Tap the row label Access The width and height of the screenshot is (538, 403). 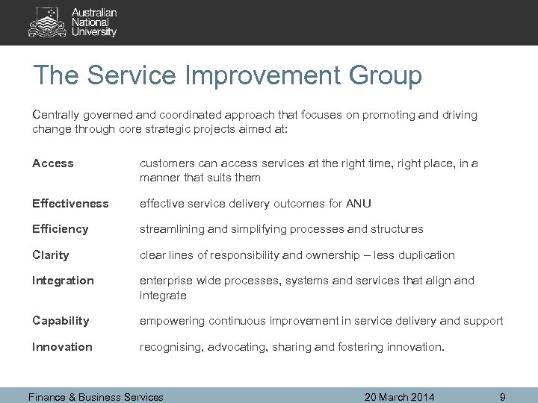click(53, 163)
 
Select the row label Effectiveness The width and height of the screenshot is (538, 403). click(71, 204)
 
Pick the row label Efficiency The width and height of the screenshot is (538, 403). click(61, 229)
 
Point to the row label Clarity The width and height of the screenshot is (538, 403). click(51, 254)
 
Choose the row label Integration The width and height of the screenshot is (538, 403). click(64, 281)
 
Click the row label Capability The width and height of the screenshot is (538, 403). click(61, 321)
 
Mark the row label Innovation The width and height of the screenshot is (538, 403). click(63, 347)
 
